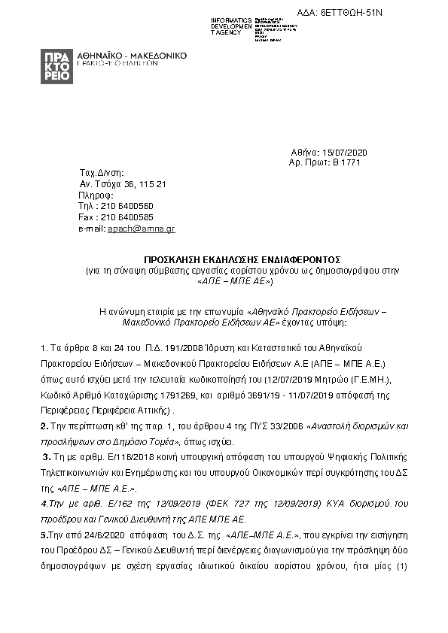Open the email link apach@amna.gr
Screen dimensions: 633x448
click(x=142, y=228)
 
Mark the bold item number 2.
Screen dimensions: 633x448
click(x=43, y=426)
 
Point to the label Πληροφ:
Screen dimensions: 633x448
click(x=95, y=195)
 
